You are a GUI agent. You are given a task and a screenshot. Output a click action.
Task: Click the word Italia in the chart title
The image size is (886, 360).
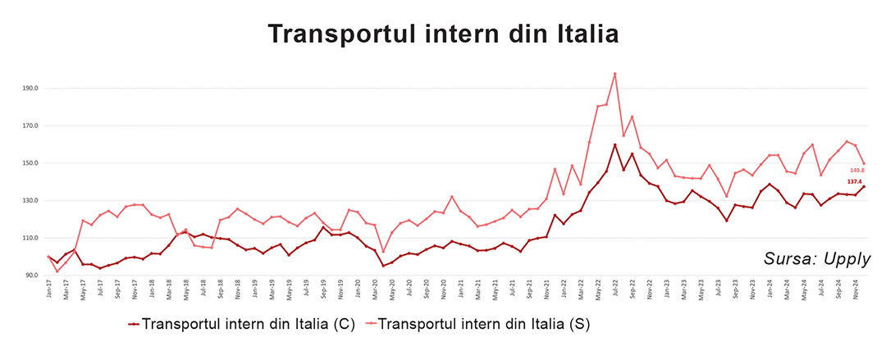[575, 34]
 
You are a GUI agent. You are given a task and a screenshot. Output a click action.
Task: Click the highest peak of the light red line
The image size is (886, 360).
[614, 74]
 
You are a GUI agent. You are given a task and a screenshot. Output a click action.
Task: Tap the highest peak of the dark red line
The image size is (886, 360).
[614, 145]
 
